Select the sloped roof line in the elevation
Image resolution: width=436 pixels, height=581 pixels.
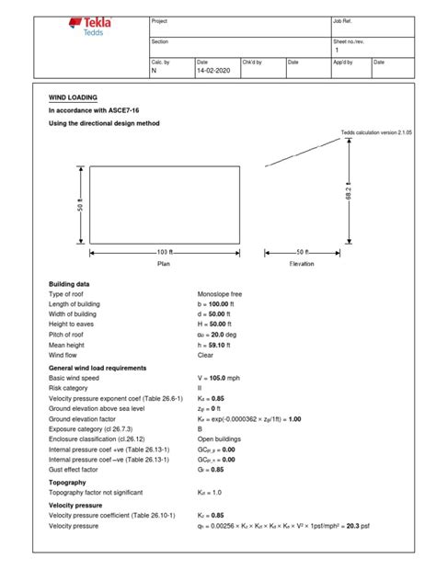[301, 151]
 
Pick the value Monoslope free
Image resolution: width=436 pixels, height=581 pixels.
[222, 294]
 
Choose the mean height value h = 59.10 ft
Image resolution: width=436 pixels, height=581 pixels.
[218, 345]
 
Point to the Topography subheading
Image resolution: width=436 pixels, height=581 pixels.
[67, 482]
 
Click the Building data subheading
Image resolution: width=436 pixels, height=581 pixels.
[69, 284]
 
